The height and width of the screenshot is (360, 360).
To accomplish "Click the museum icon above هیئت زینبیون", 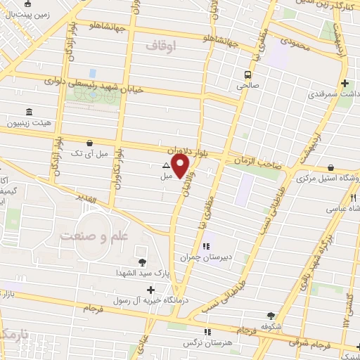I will coord(29,112).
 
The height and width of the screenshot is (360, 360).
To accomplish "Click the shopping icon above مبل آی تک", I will coord(88,141).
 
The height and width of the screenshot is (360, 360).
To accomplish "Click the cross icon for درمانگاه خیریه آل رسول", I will coord(150,289).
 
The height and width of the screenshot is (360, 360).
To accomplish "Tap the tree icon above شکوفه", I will coord(271,316).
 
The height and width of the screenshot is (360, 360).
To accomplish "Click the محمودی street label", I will coord(294,43).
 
